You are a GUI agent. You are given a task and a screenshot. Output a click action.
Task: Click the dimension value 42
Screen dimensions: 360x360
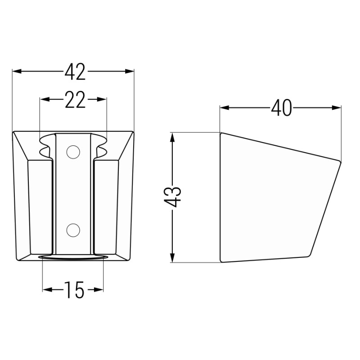[75, 72]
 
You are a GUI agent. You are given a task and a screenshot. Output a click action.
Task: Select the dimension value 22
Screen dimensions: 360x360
[75, 99]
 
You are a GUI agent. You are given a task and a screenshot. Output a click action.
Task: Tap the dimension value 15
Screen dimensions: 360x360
[74, 290]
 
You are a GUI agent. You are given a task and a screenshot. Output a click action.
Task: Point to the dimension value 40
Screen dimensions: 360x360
[281, 108]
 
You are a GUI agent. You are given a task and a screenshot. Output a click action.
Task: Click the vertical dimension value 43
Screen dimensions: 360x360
[172, 197]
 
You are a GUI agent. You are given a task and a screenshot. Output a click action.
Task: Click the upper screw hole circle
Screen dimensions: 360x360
[73, 152]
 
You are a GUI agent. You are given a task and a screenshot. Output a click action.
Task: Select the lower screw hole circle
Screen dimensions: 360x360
[73, 230]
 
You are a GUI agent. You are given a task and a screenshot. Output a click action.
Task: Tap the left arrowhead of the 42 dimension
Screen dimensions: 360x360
[17, 72]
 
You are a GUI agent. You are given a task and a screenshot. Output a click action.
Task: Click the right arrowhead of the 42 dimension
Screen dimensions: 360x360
[130, 72]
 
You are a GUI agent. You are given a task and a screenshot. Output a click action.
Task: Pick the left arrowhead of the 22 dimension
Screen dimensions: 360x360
[45, 99]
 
